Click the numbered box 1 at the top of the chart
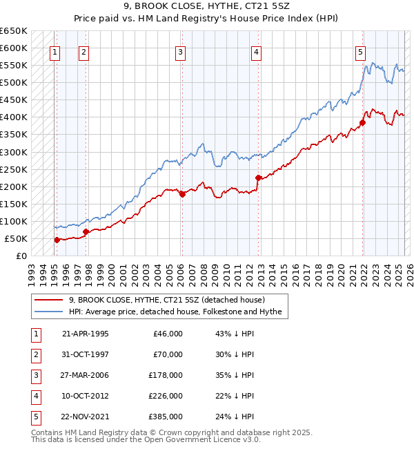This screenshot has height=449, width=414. click(54, 50)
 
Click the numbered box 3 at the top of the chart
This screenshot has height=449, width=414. click(180, 50)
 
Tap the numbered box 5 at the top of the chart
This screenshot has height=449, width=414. click(360, 50)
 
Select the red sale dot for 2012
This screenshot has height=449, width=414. click(258, 178)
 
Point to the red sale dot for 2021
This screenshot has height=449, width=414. click(362, 123)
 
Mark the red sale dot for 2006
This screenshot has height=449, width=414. click(183, 195)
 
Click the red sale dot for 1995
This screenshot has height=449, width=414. click(57, 240)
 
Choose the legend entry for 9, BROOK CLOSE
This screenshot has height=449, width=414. click(172, 300)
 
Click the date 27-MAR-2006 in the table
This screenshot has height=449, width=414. click(85, 375)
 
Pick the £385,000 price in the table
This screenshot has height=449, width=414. click(168, 417)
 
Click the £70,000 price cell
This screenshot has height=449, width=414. click(168, 354)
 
